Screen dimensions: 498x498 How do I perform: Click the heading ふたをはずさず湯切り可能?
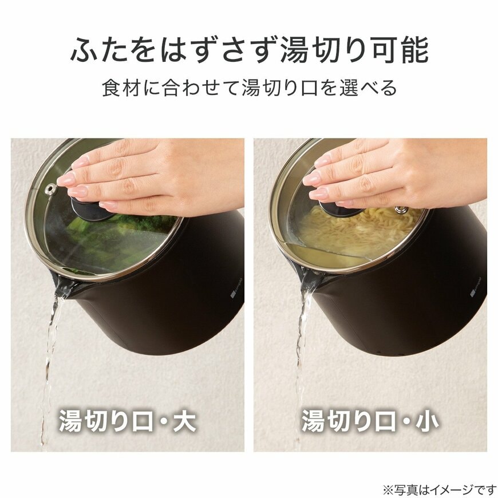pyautogui.click(x=249, y=51)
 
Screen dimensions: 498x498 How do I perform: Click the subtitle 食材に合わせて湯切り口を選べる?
pyautogui.click(x=249, y=88)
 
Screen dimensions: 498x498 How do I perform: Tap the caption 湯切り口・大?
pyautogui.click(x=127, y=422)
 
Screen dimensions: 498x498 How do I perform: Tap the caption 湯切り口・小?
pyautogui.click(x=370, y=422)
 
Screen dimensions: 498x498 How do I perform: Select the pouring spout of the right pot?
pyautogui.click(x=309, y=280)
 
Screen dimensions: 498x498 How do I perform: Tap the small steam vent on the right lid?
pyautogui.click(x=402, y=210)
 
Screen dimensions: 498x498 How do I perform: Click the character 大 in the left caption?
pyautogui.click(x=184, y=422)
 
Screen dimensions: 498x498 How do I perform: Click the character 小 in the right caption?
pyautogui.click(x=427, y=422)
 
